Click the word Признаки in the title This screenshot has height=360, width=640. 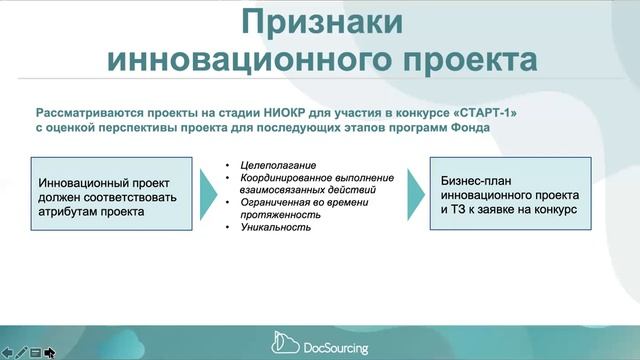[320, 23]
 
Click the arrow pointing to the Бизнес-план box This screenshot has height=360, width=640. [415, 196]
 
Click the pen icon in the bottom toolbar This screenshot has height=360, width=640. [21, 352]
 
